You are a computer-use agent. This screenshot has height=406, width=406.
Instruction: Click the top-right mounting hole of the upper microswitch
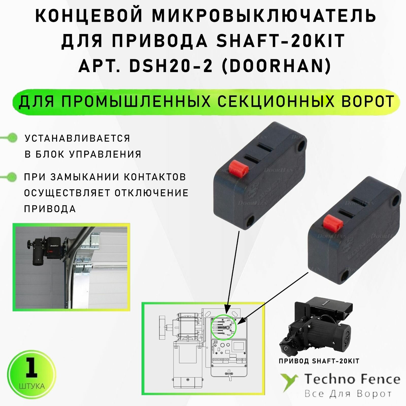point(301,146)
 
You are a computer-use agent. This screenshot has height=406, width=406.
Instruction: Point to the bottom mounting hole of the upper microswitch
point(250,221)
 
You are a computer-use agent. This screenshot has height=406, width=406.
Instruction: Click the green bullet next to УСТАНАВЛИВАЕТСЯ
point(11,138)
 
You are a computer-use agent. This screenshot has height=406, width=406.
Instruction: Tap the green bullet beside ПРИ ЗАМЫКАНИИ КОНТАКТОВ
point(11,177)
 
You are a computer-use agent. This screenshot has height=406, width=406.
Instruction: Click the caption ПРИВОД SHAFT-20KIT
point(319,361)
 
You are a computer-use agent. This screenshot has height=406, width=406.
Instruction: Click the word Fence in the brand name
point(379,379)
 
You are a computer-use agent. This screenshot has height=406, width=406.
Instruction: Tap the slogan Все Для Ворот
point(348,394)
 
